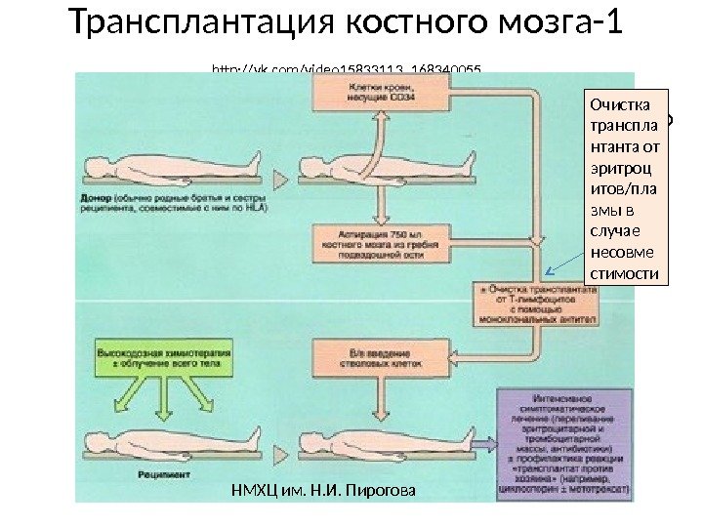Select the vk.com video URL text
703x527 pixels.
click(x=348, y=69)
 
